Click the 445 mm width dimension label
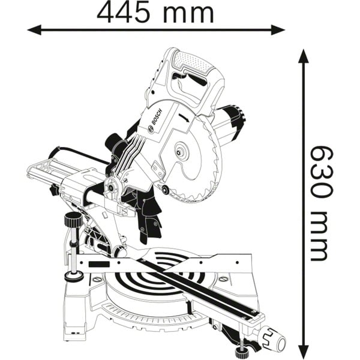[155, 13]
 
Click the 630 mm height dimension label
[320, 203]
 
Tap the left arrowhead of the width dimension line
[34, 30]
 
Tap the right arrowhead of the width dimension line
[278, 30]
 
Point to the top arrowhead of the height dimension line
[303, 56]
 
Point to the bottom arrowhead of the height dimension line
[303, 350]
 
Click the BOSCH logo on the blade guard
[155, 120]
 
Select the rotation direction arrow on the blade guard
[184, 117]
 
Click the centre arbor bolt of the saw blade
[179, 152]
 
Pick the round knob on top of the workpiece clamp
[73, 220]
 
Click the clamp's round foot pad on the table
[74, 277]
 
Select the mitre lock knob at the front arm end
[273, 338]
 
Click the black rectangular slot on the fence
[99, 264]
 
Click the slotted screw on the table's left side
[98, 280]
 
